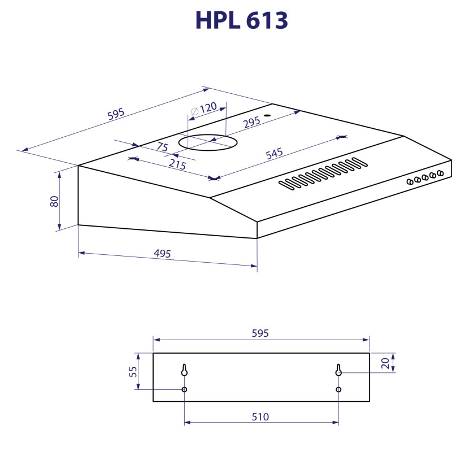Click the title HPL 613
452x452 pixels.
click(x=241, y=21)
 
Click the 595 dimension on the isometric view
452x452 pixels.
click(x=116, y=114)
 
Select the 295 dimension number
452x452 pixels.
click(x=251, y=121)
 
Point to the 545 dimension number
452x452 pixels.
click(x=274, y=154)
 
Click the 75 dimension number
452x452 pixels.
click(x=163, y=147)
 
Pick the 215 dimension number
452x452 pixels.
click(x=177, y=164)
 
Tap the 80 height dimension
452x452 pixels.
click(x=55, y=201)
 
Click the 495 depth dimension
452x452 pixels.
click(x=162, y=254)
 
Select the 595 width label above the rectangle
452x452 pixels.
click(x=260, y=333)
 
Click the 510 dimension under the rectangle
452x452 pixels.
click(x=260, y=417)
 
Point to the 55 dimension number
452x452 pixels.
click(x=133, y=372)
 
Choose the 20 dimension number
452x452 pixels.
click(x=385, y=363)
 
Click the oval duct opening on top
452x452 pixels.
click(x=206, y=142)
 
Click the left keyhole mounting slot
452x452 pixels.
click(x=184, y=370)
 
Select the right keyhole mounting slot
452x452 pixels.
click(x=338, y=370)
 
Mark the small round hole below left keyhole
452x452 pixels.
click(x=184, y=389)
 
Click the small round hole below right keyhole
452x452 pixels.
click(x=338, y=389)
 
